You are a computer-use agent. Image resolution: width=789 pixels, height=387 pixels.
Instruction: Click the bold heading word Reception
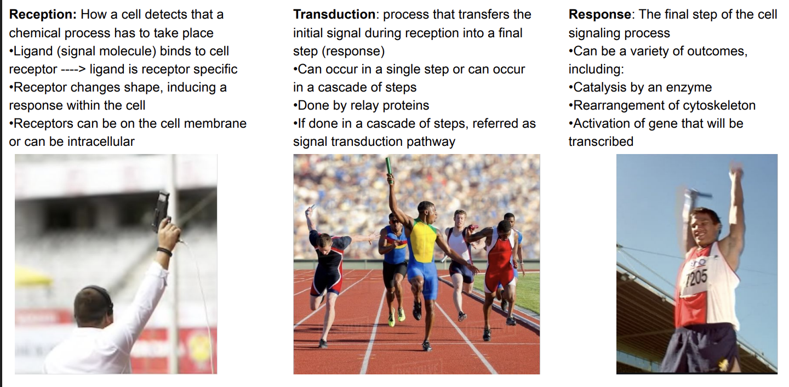point(42,15)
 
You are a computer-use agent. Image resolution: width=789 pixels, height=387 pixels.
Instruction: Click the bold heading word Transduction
point(334,15)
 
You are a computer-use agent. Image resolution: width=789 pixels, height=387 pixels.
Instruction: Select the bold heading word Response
point(601,15)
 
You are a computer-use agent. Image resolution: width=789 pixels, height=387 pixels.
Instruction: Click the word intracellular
point(101,141)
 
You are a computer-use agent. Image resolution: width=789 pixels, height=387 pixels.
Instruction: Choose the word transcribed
point(601,141)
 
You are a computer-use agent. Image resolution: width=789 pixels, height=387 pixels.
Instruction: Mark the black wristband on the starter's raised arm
point(164,252)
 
